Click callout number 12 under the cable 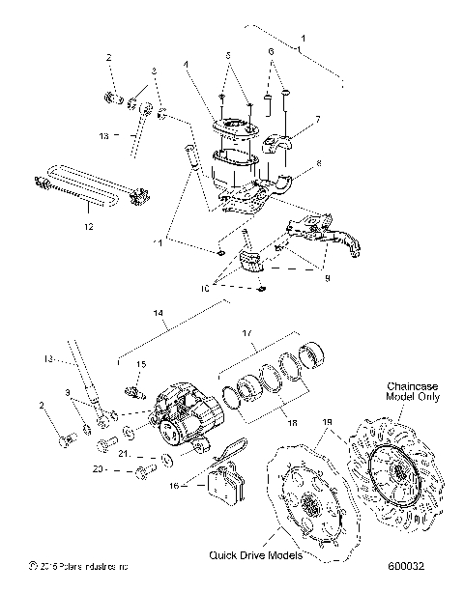[x=90, y=228]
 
